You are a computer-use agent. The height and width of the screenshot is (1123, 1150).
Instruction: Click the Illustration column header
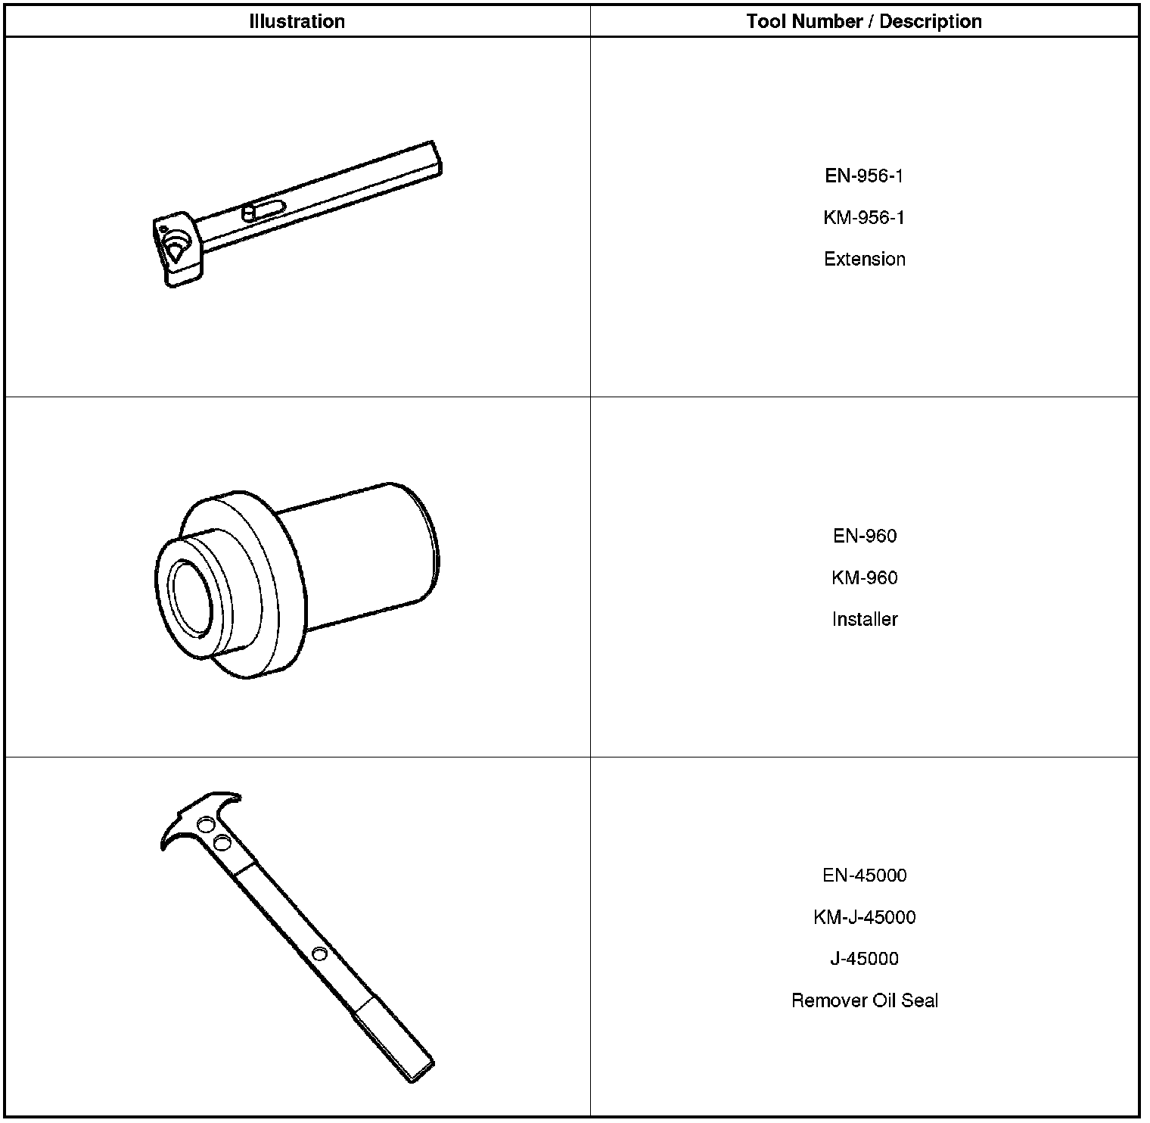(x=297, y=21)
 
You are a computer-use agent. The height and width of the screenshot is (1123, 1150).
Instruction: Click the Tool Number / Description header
(x=864, y=21)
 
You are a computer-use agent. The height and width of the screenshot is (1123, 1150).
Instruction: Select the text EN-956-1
(x=864, y=176)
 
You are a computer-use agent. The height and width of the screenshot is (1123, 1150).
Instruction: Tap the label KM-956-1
(x=864, y=218)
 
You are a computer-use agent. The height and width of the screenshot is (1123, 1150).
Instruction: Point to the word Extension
(x=865, y=259)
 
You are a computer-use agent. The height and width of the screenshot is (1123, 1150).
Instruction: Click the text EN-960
(x=865, y=537)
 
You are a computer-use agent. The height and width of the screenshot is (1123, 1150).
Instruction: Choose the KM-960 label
(x=865, y=578)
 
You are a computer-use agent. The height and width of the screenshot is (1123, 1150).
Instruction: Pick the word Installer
(x=865, y=619)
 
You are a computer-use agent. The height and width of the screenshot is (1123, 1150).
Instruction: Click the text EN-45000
(x=865, y=876)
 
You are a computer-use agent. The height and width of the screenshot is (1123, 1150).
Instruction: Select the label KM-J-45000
(x=865, y=917)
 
